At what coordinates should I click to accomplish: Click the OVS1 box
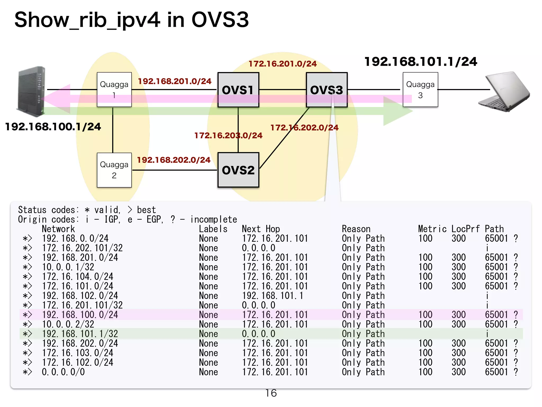[x=238, y=90]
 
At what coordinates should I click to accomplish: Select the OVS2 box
[x=238, y=170]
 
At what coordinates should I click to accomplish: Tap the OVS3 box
[x=327, y=90]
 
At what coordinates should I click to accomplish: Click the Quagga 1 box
[x=114, y=90]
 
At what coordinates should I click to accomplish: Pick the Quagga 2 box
[x=114, y=170]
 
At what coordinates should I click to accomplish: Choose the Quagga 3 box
[x=420, y=90]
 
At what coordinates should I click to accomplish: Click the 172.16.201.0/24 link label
[x=282, y=64]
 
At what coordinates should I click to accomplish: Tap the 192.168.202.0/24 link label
[x=174, y=160]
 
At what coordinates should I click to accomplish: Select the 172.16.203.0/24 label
[x=228, y=135]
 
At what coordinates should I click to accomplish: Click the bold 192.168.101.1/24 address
[x=421, y=61]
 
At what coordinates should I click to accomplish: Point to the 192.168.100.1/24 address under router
[x=53, y=127]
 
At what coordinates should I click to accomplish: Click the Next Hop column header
[x=261, y=229]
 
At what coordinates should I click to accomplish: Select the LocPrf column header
[x=465, y=229]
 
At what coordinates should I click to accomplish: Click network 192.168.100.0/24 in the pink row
[x=80, y=315]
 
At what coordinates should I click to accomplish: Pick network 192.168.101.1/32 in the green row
[x=80, y=334]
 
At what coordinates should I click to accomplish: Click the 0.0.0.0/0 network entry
[x=63, y=372]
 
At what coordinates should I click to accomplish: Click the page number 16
[x=271, y=393]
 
